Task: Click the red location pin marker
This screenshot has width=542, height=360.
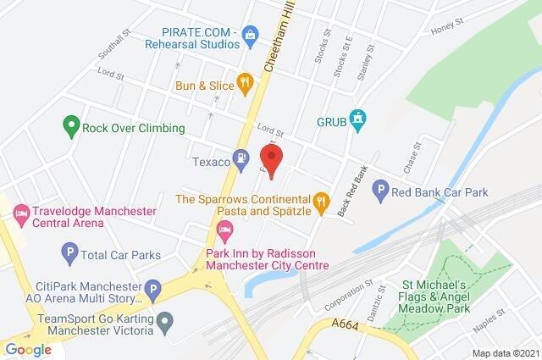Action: coord(270,156)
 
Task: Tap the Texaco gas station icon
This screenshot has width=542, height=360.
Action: coord(242,157)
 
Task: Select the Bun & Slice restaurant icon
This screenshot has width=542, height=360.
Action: coord(245,82)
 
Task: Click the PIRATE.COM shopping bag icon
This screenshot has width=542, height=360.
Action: coord(250,34)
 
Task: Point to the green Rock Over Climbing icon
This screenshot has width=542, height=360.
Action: coord(71,128)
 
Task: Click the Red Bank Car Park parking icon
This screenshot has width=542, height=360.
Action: coord(381,192)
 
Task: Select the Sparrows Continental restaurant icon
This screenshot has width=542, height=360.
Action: coord(320,202)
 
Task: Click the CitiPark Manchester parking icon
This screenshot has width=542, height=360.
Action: coord(153,291)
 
